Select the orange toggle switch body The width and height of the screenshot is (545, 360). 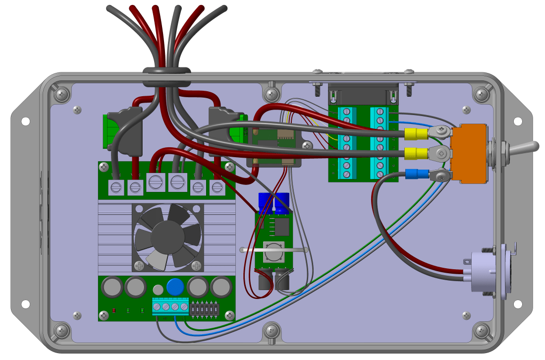469,153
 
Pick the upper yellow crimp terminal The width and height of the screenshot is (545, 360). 416,134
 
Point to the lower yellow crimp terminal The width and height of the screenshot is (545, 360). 416,154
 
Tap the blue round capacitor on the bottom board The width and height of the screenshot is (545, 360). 174,287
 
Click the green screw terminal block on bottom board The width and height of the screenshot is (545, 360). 170,306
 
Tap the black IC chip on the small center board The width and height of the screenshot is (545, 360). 282,227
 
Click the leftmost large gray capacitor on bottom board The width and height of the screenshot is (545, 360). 112,287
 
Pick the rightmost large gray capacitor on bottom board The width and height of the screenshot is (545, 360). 221,287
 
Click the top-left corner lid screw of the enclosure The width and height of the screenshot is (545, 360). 61,94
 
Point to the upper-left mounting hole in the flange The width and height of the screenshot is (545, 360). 25,121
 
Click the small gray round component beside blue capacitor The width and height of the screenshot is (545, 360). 158,290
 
